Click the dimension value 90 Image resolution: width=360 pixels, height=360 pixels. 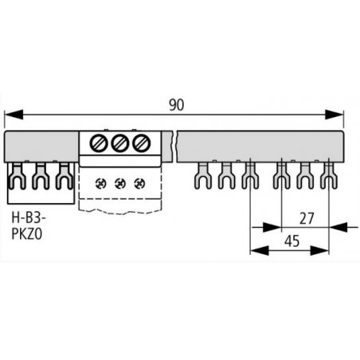tap(177, 105)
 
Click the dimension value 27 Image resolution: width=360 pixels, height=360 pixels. tap(307, 218)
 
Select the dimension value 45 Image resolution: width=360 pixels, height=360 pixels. tap(292, 241)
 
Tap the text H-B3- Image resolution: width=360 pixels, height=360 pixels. tap(29, 218)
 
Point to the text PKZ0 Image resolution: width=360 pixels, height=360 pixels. tap(27, 234)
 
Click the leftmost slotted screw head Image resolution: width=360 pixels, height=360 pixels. tap(99, 143)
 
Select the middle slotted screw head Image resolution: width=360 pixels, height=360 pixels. tap(120, 143)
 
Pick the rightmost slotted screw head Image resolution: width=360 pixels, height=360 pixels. tap(141, 143)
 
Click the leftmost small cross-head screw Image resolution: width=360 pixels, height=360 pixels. tap(100, 183)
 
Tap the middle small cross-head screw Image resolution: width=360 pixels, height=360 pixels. tap(120, 183)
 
